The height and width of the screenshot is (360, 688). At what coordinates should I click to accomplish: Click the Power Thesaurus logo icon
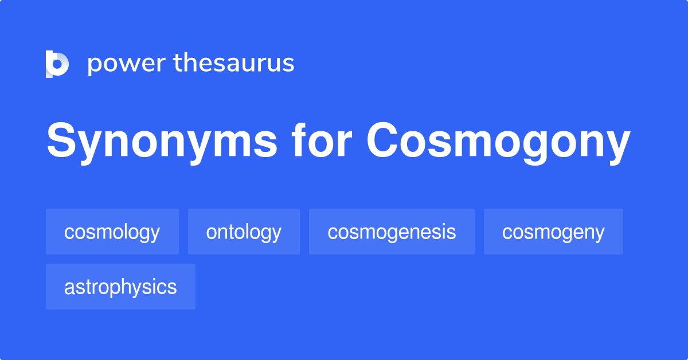tap(57, 64)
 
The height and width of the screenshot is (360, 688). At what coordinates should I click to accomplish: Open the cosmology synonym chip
tap(112, 232)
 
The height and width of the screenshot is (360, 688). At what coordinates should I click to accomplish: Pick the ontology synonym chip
tap(244, 232)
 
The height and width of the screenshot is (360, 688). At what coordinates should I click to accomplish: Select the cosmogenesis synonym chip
tap(392, 232)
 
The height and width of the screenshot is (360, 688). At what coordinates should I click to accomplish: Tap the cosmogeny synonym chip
tap(553, 232)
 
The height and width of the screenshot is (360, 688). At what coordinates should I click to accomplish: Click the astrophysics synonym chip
tap(120, 287)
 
